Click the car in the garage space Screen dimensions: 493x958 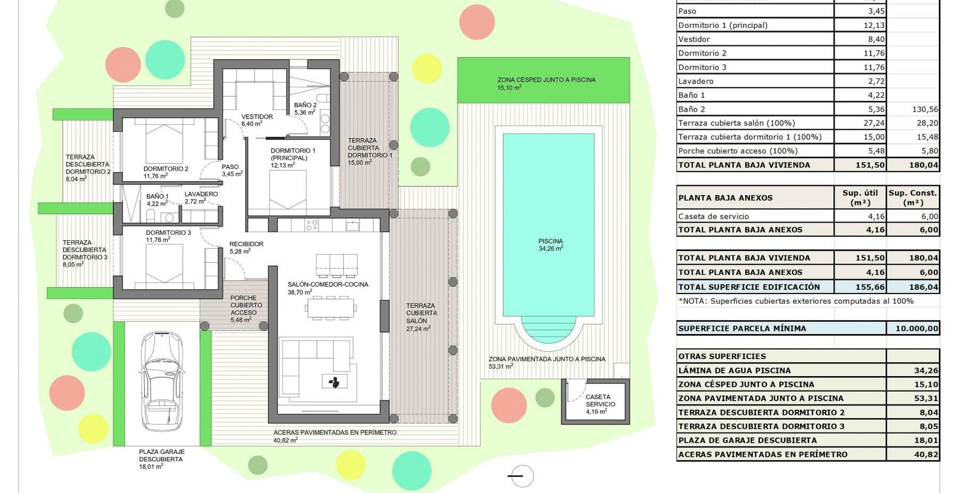pos(162,381)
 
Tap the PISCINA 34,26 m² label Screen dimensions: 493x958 pos(551,245)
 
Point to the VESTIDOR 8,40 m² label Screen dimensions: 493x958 pos(257,120)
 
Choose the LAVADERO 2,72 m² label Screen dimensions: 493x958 pos(201,198)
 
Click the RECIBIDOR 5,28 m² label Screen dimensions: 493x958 pos(246,248)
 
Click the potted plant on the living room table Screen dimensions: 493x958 pos(334,381)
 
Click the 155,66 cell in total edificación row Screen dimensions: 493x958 pos(870,287)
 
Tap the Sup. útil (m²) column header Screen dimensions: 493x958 pos(860,198)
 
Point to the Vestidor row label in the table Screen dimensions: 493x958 pos(694,39)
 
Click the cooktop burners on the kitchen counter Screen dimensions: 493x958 pos(312,225)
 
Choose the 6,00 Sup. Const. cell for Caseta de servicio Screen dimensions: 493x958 pos(929,216)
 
